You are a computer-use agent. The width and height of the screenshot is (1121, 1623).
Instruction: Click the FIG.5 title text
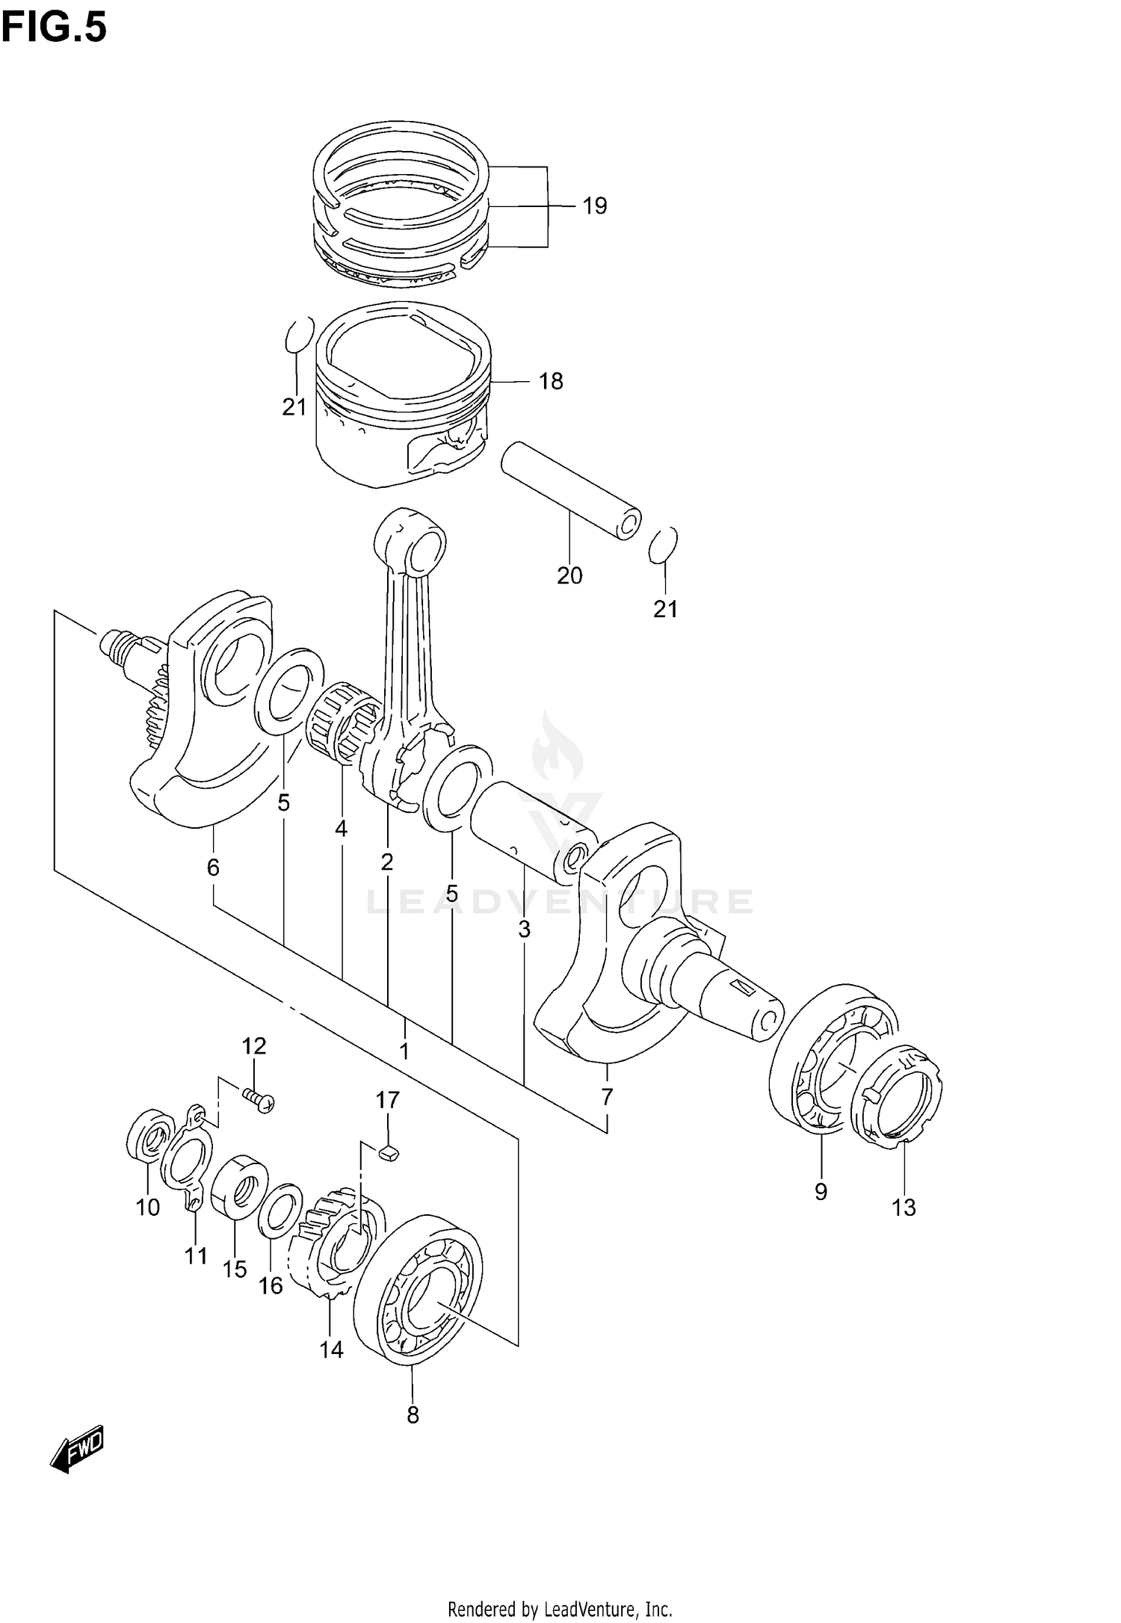[54, 28]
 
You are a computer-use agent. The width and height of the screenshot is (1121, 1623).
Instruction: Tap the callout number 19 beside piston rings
[594, 205]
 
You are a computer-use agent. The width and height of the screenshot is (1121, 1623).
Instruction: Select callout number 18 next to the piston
[551, 381]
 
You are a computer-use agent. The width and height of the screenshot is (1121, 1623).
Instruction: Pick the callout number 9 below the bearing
[821, 1192]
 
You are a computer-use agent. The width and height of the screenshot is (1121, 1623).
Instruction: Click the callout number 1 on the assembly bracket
[404, 1051]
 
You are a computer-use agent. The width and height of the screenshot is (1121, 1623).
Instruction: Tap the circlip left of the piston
[299, 334]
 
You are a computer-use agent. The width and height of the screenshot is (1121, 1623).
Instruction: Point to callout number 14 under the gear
[331, 1349]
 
